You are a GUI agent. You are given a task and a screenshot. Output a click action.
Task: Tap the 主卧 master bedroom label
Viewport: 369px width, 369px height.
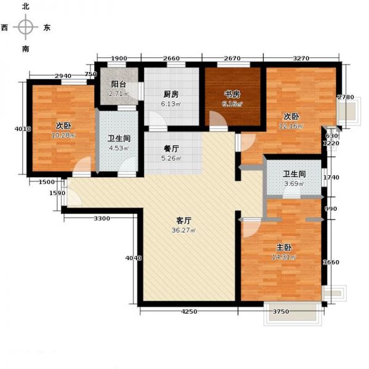[284, 247]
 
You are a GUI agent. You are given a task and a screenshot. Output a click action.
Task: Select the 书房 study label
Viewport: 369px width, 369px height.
[232, 94]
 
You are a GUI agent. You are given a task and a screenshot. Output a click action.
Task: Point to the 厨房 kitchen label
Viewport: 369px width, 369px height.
[171, 94]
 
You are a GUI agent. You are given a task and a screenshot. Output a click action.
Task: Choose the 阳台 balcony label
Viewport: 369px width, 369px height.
[119, 85]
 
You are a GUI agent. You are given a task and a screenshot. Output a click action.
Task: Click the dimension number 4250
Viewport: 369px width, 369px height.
[189, 312]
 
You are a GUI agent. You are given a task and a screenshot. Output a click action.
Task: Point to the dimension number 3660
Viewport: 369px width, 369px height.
[331, 263]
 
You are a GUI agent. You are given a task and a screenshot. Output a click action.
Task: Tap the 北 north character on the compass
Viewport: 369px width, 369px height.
[25, 6]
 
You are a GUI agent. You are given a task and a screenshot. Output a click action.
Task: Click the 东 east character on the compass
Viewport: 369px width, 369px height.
[47, 28]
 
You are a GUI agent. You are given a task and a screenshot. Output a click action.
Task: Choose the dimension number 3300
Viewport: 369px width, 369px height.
[102, 218]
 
